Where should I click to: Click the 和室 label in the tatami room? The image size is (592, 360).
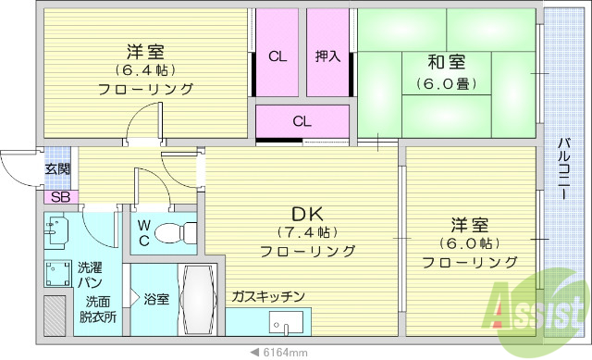[446, 62]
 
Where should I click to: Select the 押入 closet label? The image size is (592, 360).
[327, 56]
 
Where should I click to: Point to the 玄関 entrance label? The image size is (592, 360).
[56, 169]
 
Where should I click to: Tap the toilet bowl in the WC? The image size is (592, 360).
[171, 233]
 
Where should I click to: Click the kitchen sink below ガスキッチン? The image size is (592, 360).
[285, 325]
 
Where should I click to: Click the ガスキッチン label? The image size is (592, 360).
[268, 296]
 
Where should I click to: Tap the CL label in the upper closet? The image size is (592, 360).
[277, 56]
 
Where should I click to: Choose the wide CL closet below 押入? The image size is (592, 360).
[302, 120]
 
